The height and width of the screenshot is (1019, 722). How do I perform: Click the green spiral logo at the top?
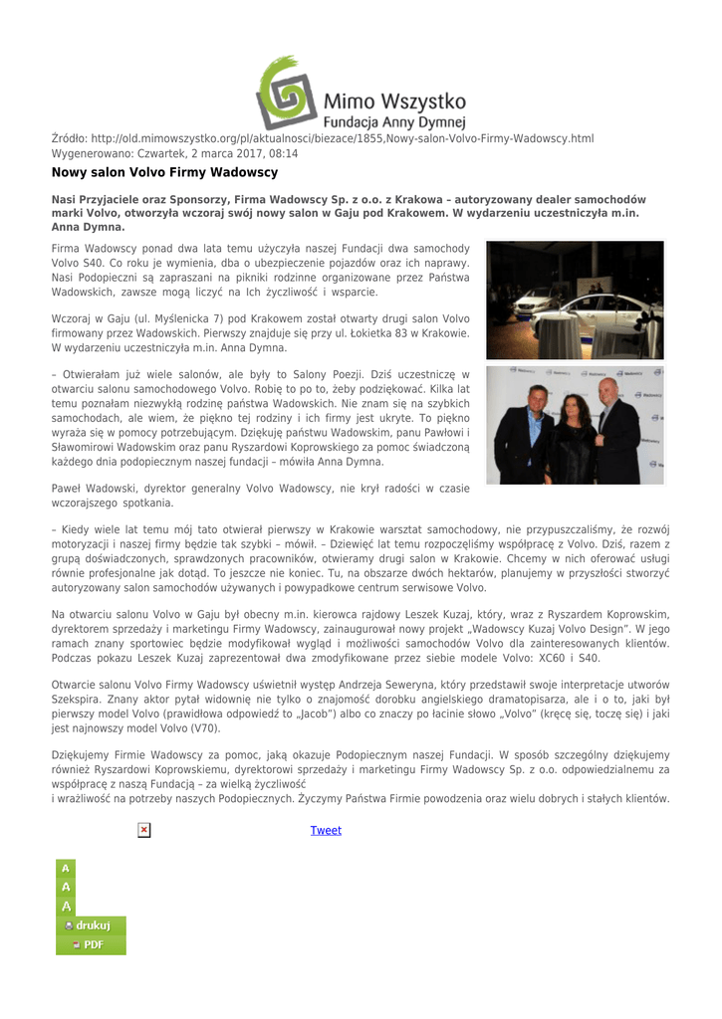(286, 93)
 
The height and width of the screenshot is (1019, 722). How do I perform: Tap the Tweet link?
(326, 830)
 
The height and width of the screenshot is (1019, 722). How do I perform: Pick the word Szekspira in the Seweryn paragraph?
(81, 699)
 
